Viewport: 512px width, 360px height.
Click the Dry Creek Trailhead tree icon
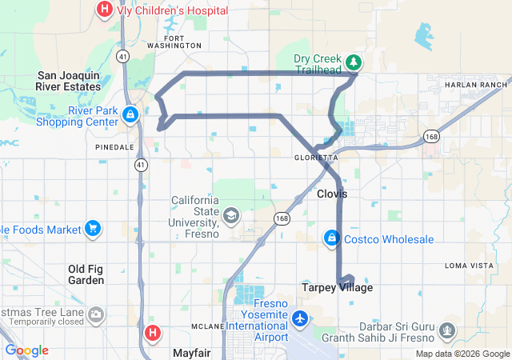point(353,62)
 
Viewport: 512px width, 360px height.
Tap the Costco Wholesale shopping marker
point(331,238)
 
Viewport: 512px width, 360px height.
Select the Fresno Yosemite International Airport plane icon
point(301,318)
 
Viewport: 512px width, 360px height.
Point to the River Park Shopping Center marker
point(130,116)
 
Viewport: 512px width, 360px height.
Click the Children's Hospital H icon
point(104,10)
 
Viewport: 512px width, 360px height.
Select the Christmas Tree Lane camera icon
point(96,314)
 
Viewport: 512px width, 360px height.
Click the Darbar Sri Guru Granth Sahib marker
point(446,330)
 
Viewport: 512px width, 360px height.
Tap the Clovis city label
point(332,194)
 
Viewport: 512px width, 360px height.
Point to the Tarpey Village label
point(337,287)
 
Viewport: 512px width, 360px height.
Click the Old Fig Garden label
point(86,274)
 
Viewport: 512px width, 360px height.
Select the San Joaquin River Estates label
point(69,81)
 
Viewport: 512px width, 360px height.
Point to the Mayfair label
point(190,352)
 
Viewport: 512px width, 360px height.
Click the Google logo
point(26,350)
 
